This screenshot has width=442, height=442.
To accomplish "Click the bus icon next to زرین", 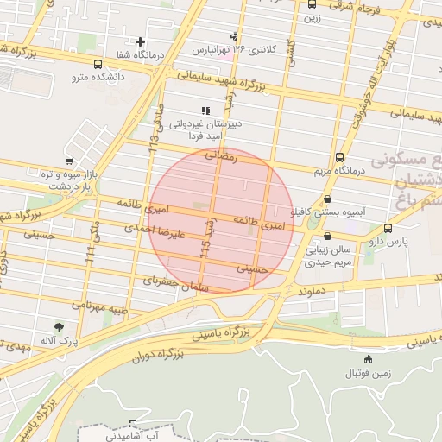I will click(312, 4).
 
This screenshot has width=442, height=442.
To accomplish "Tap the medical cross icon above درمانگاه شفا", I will click(141, 41).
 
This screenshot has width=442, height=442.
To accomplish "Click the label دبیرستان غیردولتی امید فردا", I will click(205, 129).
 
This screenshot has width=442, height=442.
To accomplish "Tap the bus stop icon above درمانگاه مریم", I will click(339, 158).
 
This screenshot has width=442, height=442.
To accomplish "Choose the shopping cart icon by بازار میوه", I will click(69, 161).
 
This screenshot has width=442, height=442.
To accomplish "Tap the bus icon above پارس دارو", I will click(388, 228).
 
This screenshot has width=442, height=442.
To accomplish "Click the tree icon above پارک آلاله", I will click(59, 328).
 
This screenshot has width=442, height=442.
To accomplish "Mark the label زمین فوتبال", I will click(369, 373).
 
